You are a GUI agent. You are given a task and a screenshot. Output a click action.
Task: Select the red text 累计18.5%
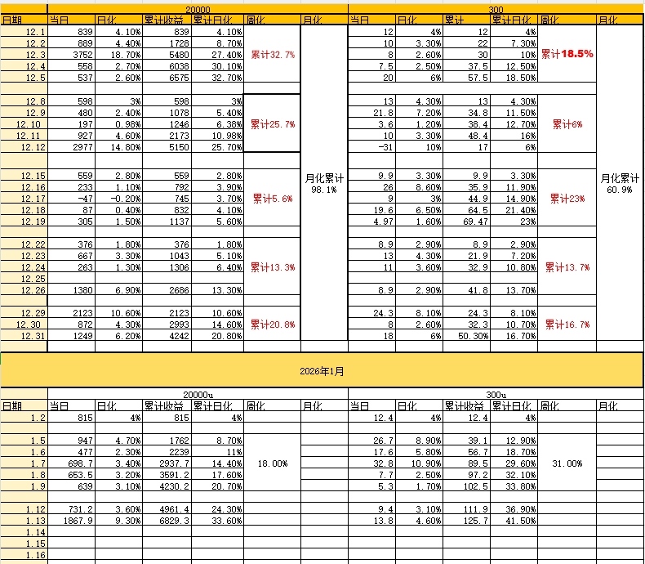click(567, 54)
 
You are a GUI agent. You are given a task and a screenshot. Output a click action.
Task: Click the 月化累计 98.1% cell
click(324, 183)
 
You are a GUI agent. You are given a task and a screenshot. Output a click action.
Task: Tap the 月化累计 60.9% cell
click(620, 183)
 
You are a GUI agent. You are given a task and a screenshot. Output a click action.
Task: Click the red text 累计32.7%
click(272, 54)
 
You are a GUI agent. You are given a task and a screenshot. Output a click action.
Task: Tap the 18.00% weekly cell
click(272, 463)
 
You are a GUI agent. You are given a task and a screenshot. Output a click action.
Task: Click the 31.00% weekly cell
click(567, 463)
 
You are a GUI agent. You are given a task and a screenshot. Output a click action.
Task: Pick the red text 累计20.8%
click(272, 325)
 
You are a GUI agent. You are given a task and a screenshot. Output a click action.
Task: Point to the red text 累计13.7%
click(567, 267)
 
